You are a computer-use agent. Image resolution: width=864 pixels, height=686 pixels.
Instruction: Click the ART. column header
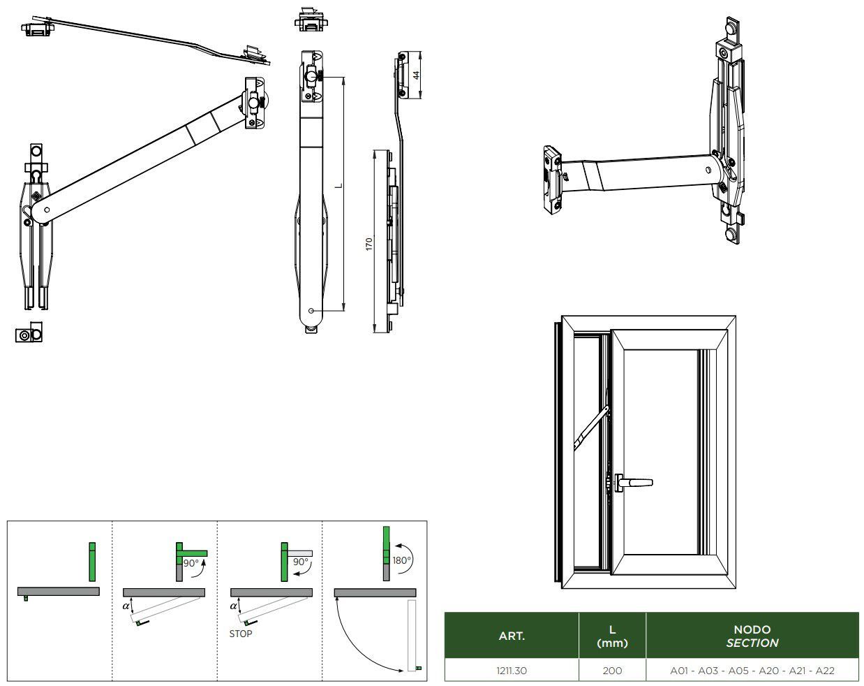[x=512, y=636]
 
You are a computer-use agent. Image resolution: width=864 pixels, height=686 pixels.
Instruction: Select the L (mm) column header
[x=612, y=636]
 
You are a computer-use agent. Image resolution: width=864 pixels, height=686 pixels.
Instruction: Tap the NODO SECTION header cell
[x=752, y=636]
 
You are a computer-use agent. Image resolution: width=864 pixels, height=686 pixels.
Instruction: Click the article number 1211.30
[x=512, y=671]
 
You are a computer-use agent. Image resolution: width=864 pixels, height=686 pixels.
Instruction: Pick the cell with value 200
[x=612, y=671]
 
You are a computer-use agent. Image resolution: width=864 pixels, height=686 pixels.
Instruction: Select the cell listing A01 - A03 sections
[x=752, y=671]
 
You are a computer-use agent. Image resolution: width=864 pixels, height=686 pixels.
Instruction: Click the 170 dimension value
[x=369, y=244]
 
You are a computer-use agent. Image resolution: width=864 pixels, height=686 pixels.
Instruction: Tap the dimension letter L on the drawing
[x=338, y=185]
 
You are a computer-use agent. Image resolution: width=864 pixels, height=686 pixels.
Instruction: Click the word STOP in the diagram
[x=241, y=634]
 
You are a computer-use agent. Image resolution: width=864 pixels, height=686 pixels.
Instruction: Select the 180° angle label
[x=401, y=560]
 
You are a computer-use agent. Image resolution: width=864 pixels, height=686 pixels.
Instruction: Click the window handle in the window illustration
[x=632, y=481]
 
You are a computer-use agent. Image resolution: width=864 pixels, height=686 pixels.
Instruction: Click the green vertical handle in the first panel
[x=92, y=561]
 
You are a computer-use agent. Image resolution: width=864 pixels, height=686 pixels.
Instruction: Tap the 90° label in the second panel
[x=191, y=562]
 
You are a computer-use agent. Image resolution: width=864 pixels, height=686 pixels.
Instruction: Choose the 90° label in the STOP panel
[x=300, y=562]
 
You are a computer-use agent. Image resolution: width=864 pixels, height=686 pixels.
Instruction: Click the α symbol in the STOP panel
[x=234, y=606]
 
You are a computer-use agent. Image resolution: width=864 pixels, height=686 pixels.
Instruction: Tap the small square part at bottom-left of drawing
[x=29, y=335]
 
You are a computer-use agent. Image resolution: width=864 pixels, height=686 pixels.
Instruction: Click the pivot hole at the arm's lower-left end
[x=47, y=209]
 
